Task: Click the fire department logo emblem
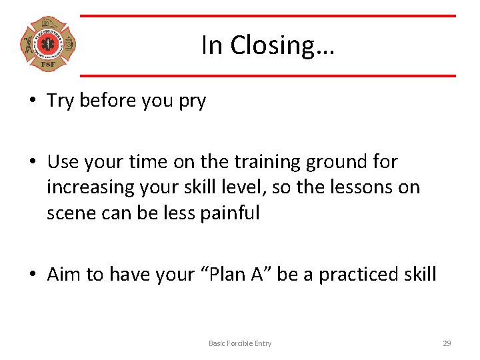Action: [48, 45]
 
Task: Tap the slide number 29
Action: [447, 343]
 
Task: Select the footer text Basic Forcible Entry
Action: [240, 343]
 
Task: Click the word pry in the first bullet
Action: [193, 101]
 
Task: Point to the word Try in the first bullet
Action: [61, 101]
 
